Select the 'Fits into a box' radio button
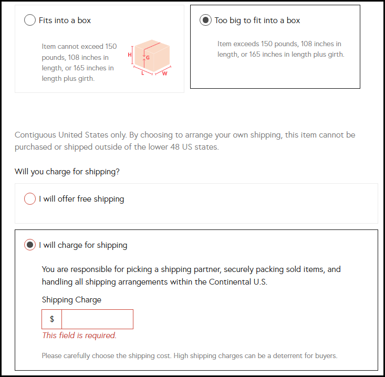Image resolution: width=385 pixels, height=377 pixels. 30,20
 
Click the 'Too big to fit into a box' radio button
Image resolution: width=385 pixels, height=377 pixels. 205,20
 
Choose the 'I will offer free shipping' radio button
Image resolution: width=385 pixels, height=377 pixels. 30,198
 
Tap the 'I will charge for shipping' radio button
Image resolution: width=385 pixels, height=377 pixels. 30,245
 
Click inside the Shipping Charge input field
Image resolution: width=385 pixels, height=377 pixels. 97,319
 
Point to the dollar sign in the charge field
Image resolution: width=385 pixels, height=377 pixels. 52,319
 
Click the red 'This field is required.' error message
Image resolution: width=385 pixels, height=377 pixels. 79,336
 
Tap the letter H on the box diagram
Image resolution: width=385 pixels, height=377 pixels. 129,55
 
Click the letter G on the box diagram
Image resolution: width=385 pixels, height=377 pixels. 148,58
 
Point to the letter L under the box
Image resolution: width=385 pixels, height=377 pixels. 143,73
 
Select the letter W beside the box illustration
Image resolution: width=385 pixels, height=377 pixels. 165,74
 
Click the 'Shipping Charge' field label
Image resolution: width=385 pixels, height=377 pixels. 71,300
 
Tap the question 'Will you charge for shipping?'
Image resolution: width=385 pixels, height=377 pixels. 67,171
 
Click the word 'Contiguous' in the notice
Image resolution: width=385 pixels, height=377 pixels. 35,135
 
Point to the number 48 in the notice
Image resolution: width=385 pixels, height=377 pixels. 174,147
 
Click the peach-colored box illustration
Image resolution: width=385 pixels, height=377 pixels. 152,56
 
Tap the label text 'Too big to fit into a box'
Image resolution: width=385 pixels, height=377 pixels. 257,20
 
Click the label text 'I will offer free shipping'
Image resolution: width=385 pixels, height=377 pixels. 81,199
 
